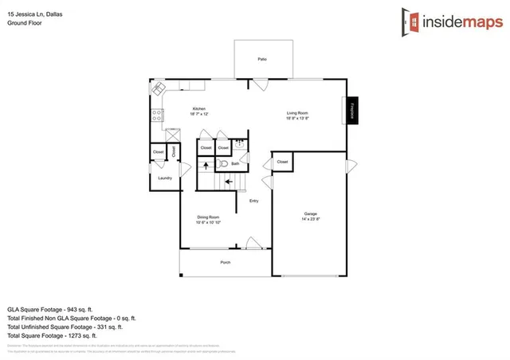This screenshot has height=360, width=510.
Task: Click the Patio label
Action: pyautogui.click(x=261, y=60)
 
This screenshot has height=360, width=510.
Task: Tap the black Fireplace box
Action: pyautogui.click(x=351, y=111)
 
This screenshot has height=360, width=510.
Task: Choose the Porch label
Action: pyautogui.click(x=226, y=261)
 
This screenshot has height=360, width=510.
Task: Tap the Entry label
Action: pyautogui.click(x=253, y=201)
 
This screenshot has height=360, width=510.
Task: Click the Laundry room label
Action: pyautogui.click(x=165, y=178)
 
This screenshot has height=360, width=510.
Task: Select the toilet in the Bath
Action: pyautogui.click(x=224, y=163)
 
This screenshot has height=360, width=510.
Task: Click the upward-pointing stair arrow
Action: pyautogui.click(x=205, y=166)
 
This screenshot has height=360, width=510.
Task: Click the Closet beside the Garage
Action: pyautogui.click(x=282, y=162)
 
